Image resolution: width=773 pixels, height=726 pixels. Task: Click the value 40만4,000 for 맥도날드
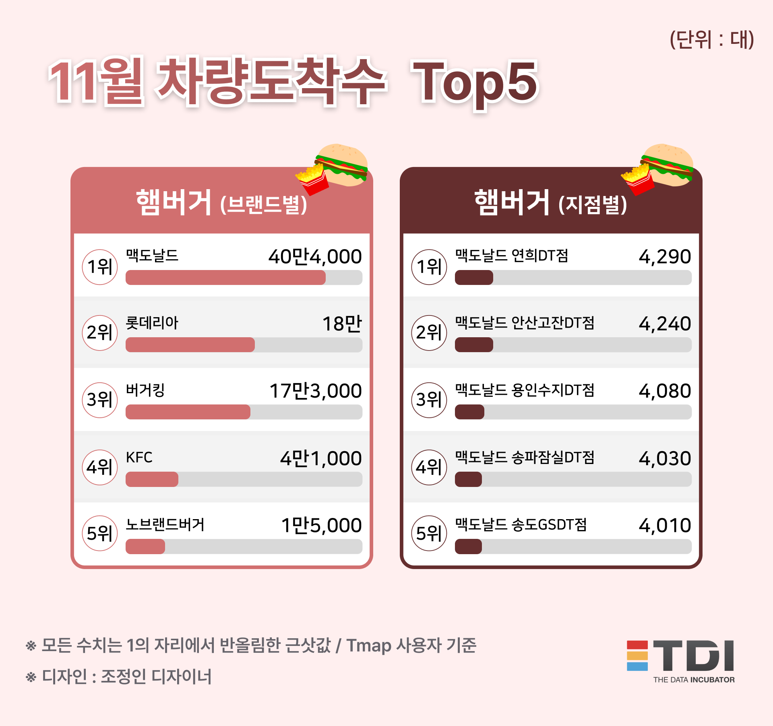click(315, 257)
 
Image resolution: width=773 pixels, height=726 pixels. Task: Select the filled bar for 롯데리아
click(190, 345)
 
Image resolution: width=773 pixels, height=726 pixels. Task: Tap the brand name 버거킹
click(145, 390)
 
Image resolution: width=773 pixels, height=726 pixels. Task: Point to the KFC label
click(139, 458)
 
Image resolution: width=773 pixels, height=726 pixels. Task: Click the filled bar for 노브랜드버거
click(145, 547)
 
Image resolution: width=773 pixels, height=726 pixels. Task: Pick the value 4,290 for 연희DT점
click(665, 257)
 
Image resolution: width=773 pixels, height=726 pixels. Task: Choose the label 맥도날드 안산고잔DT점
click(524, 323)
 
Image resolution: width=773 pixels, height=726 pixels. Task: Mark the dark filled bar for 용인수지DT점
click(469, 412)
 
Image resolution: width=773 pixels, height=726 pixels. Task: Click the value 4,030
click(665, 458)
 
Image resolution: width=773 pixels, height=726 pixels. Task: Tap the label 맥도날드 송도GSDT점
click(521, 525)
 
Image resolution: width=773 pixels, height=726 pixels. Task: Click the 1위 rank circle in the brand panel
click(100, 267)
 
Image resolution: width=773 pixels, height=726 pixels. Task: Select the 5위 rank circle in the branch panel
click(429, 533)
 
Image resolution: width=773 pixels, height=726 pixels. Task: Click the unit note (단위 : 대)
click(711, 40)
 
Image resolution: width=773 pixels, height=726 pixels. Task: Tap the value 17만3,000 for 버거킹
click(316, 391)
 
